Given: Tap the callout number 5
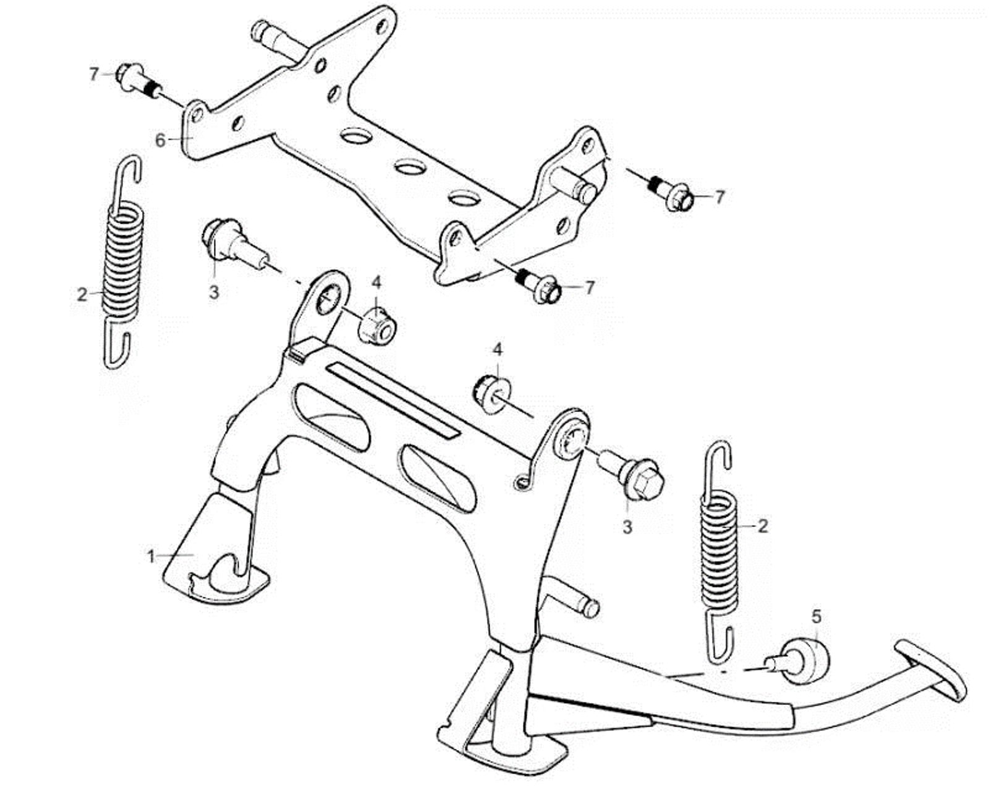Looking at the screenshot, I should click(817, 616).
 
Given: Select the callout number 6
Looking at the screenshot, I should click(160, 141).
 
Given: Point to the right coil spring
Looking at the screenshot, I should click(719, 550).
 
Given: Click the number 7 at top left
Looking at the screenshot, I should click(94, 74).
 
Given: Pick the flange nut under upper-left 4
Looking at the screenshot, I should click(375, 326).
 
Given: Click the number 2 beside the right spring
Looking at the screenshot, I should click(763, 526).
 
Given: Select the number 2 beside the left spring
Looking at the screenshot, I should click(83, 295).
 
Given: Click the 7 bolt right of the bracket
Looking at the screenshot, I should click(673, 193).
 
